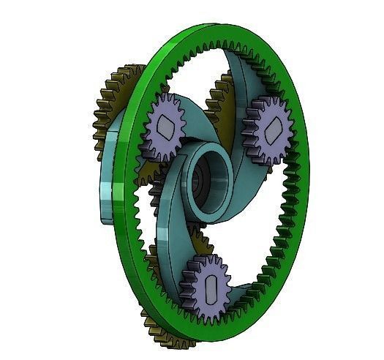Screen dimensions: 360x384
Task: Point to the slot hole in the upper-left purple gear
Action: tap(165, 132)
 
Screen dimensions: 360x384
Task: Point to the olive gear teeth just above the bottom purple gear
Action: tap(197, 245)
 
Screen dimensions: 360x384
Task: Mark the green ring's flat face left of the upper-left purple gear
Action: tap(132, 146)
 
